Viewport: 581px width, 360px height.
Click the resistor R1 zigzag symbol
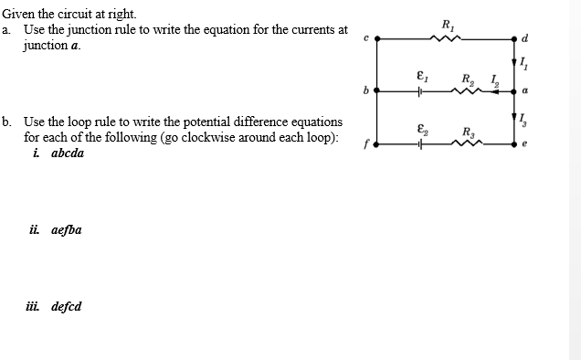pos(445,38)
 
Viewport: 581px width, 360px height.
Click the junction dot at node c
pos(377,38)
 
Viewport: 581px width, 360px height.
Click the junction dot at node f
pos(377,143)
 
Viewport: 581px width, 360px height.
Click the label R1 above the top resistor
pos(446,24)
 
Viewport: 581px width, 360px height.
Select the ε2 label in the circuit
pos(419,129)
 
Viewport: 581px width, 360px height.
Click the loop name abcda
pos(65,154)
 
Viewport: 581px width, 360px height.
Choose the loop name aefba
pos(65,229)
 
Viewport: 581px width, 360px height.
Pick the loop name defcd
pos(65,306)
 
